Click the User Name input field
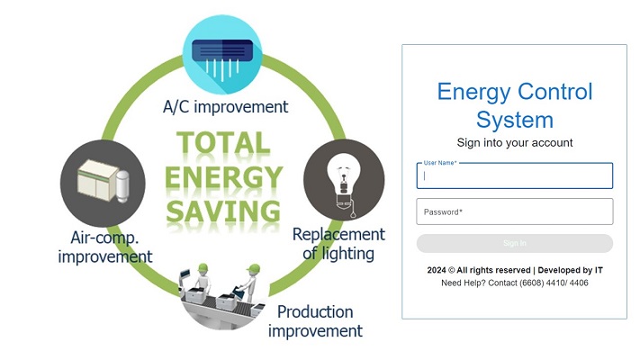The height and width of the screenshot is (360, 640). coord(514,175)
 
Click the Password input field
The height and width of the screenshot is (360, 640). coord(514,211)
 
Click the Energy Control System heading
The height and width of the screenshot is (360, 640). coord(514,105)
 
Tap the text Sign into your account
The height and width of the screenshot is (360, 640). coord(514,142)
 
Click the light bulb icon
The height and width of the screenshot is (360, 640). coord(344,180)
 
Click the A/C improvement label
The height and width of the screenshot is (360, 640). coord(225,107)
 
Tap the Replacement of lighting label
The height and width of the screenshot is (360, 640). coord(338,244)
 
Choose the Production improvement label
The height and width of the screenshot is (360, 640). coord(315,321)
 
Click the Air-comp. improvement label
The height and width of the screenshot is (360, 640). coord(105,247)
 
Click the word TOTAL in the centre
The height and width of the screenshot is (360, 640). coord(223,142)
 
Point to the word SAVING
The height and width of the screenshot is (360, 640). coord(223,211)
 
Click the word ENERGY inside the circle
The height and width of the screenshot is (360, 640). coord(223,176)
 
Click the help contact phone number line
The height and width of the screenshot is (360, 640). coord(514,283)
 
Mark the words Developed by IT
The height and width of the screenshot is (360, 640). coord(570,270)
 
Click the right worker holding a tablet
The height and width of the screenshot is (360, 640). coord(250,283)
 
